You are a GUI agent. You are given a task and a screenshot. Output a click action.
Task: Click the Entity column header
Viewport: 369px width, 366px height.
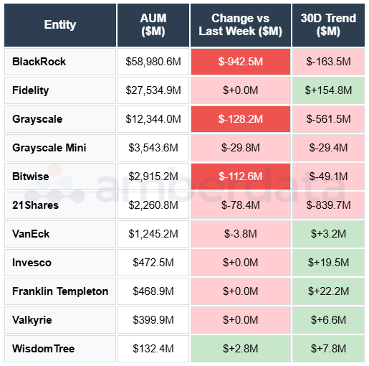59,24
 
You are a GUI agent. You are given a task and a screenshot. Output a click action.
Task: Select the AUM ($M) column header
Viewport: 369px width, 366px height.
153,24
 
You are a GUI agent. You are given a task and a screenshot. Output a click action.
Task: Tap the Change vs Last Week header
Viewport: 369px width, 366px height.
241,24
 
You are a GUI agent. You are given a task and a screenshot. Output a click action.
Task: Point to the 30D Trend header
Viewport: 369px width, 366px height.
328,24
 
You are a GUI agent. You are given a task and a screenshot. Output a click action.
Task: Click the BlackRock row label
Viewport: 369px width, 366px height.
39,62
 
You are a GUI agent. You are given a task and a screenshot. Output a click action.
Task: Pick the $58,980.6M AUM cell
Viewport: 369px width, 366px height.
153,62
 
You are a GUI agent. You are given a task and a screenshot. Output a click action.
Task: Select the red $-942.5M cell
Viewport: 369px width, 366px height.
241,62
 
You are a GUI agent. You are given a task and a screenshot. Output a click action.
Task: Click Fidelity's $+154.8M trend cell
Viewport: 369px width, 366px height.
328,90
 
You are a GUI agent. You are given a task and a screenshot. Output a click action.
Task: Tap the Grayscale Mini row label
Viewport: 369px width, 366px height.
49,148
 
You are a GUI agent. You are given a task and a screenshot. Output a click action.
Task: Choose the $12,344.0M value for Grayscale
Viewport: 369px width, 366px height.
153,119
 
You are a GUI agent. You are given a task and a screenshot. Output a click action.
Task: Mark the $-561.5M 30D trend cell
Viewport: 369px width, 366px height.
328,119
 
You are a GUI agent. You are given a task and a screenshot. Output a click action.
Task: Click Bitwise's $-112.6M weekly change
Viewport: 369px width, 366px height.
241,177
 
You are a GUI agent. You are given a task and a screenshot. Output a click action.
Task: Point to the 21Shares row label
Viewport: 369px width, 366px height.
36,205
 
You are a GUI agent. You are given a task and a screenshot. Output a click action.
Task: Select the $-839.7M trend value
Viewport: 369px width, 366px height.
328,205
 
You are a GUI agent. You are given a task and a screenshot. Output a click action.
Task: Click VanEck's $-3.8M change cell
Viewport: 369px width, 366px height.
241,234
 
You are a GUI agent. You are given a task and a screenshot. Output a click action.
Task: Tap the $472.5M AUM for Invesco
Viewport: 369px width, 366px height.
153,263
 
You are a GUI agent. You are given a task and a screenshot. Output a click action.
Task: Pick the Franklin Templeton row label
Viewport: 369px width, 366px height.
60,291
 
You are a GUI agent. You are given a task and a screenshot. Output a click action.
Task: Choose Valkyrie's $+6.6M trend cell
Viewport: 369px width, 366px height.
328,320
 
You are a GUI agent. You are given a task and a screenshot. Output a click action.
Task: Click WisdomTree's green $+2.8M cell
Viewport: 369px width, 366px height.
241,349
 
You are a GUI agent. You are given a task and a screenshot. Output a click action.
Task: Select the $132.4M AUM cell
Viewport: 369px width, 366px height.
153,349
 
